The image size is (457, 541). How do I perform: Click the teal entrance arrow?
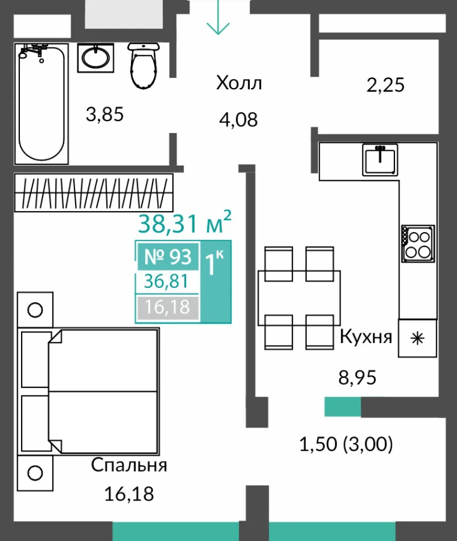(x=218, y=17)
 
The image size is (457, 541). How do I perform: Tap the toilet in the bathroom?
(x=143, y=65)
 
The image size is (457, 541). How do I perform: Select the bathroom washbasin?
(x=96, y=57)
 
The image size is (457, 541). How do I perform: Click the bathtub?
(x=42, y=104)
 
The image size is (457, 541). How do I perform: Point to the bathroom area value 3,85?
(x=105, y=114)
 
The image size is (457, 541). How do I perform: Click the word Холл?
(x=239, y=83)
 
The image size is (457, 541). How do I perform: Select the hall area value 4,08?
(x=238, y=119)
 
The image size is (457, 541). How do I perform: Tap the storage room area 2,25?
(x=385, y=85)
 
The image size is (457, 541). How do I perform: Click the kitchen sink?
(x=380, y=160)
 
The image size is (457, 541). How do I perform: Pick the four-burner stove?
(x=418, y=243)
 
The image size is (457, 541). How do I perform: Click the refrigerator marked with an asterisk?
(x=418, y=338)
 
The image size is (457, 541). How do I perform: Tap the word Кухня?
(x=366, y=336)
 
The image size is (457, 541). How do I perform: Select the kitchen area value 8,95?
(x=357, y=378)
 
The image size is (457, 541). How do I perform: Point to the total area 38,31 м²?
(x=184, y=223)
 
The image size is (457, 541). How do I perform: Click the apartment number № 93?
(x=168, y=257)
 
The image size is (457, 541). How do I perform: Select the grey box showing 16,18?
(x=168, y=307)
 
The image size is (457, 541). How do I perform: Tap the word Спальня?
(x=129, y=466)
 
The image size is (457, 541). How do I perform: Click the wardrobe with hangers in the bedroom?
(x=93, y=192)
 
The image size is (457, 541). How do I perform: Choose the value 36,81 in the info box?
(x=166, y=282)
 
